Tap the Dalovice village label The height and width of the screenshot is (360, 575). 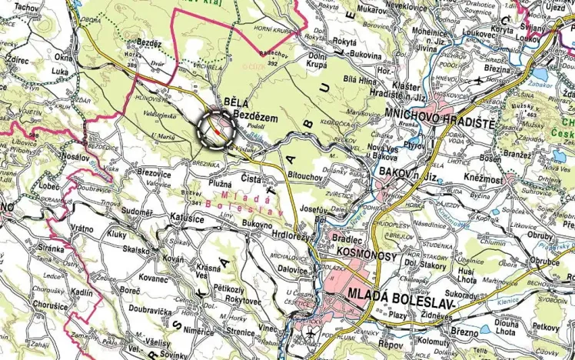292,269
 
